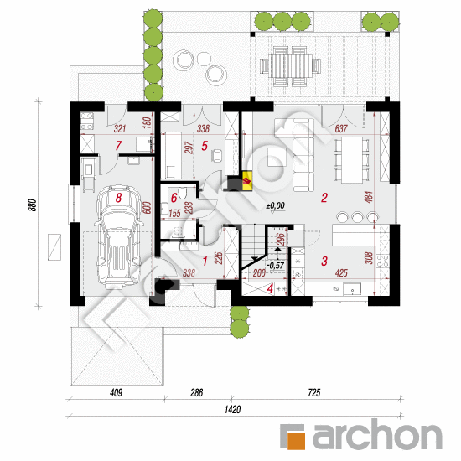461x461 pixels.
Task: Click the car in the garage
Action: (x=119, y=236)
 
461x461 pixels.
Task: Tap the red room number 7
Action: (x=118, y=146)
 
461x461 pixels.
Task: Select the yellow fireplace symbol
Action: (x=246, y=180)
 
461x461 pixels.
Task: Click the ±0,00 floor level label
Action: (x=276, y=205)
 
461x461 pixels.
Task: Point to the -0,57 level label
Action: (x=276, y=266)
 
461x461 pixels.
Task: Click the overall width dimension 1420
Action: (x=232, y=409)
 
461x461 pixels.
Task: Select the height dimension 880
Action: (x=33, y=205)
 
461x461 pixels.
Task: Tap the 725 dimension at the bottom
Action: (x=314, y=392)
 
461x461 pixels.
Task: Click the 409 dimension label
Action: (x=117, y=392)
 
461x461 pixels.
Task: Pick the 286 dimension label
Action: (x=196, y=392)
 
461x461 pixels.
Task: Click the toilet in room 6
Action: (x=183, y=194)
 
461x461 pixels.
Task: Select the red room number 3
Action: (x=324, y=261)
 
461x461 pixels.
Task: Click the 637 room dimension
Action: (x=341, y=128)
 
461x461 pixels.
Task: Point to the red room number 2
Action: (x=324, y=198)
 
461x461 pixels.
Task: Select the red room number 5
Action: (x=205, y=146)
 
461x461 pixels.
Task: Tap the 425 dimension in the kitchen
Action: (x=341, y=273)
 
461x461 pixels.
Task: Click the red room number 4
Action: (x=270, y=288)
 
